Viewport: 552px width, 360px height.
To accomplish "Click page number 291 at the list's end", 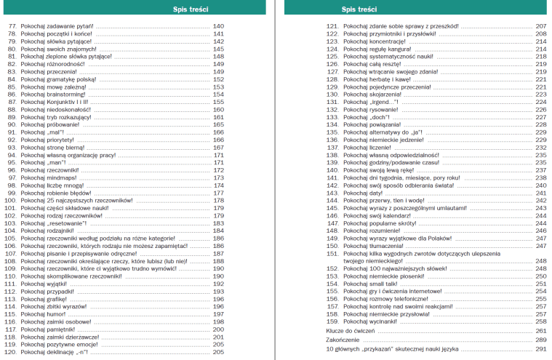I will point(540,349).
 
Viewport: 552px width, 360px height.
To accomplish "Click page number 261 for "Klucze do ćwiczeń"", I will point(540,330).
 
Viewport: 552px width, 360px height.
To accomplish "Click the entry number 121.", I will point(332,25).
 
